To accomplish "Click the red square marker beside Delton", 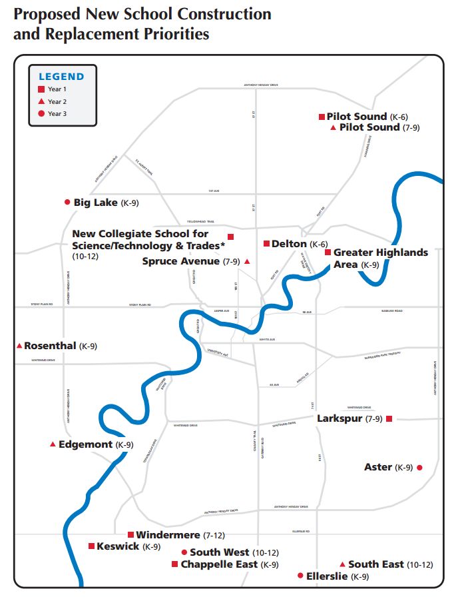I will click(266, 244).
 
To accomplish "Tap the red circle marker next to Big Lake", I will click(67, 202).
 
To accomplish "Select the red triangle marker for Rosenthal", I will click(19, 346).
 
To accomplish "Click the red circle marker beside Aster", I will click(419, 468).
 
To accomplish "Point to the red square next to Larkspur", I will click(389, 418).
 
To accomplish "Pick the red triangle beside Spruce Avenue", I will click(247, 262).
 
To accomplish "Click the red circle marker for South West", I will click(184, 552).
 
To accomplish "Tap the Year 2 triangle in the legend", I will click(41, 101).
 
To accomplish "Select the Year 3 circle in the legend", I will click(41, 114).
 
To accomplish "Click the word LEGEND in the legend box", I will click(62, 77).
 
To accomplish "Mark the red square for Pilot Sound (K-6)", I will click(322, 116).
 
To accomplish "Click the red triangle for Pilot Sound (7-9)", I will click(333, 127).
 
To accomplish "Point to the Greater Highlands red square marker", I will click(328, 253).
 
